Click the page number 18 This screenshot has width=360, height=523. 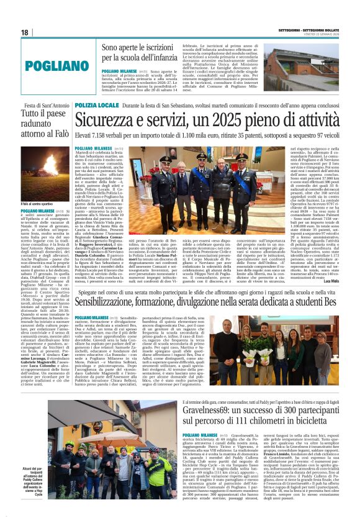coord(25,33)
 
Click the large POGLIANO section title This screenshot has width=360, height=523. coord(50,65)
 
